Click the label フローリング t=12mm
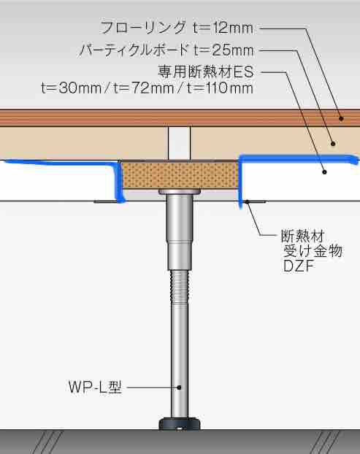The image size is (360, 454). point(177,28)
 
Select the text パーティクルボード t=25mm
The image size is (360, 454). point(166,50)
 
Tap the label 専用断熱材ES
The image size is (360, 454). point(206,72)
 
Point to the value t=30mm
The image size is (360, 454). point(72,88)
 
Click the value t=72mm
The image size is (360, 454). point(144,88)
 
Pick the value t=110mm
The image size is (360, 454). point(220,88)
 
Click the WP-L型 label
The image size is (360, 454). point(95,387)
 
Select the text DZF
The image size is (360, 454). point(299,266)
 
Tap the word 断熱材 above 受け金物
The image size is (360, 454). point(302,236)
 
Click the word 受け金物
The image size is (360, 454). point(313,251)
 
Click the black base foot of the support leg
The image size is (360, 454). point(180,423)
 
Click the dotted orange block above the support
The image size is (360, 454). point(180,175)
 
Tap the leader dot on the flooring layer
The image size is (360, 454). point(341,118)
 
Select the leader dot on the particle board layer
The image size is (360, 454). point(333,143)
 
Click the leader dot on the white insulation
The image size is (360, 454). point(325,172)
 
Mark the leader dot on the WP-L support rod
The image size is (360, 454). point(180,387)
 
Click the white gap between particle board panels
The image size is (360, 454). point(180,143)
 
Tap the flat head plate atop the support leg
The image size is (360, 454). point(180,192)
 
